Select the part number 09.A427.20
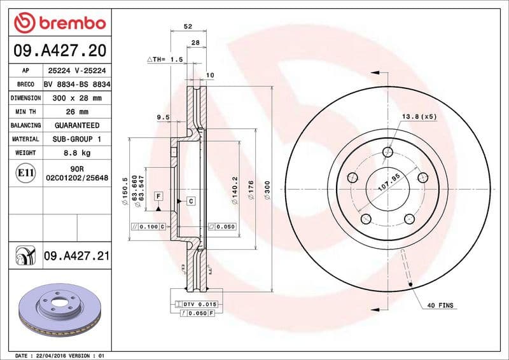(59, 50)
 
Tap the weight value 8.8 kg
(77, 153)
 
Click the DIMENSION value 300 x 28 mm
(77, 98)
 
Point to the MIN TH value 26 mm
(77, 112)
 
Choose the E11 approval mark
(25, 172)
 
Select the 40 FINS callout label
(440, 306)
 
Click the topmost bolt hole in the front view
(388, 151)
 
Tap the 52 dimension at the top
(188, 26)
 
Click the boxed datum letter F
(158, 195)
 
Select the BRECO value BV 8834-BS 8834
(77, 84)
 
